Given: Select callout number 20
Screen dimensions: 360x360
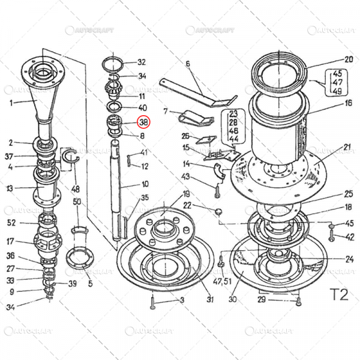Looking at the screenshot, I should [349, 59].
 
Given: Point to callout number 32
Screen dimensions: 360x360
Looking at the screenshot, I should [142, 62].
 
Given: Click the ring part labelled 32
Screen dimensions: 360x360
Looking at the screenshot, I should [115, 62].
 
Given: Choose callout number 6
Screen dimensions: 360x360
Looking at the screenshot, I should [187, 64].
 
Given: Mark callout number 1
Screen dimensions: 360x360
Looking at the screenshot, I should [10, 103].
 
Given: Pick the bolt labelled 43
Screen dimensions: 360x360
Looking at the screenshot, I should [217, 189].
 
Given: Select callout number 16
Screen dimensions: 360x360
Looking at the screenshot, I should [349, 103].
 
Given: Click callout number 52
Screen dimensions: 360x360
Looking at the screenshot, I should [10, 223].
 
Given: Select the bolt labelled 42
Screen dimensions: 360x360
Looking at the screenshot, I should [331, 237].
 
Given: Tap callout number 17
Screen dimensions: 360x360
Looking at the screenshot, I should [10, 242].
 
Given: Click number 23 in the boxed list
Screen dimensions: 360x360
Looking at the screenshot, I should [233, 113].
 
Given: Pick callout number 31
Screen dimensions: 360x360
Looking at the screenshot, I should [210, 300].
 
